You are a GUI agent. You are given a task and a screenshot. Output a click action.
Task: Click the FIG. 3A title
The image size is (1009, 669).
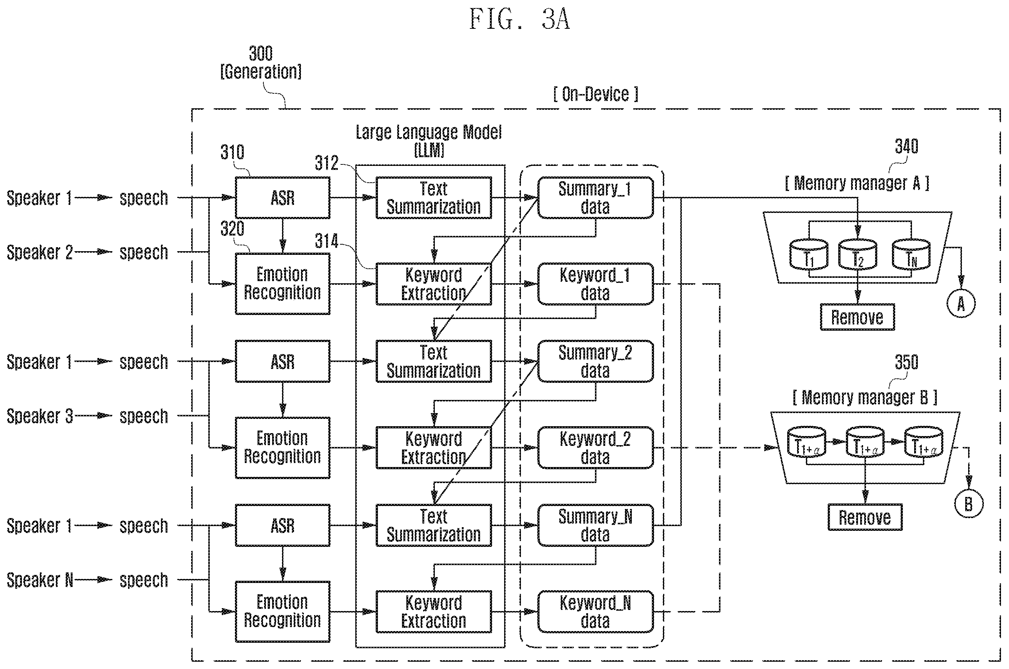point(519,19)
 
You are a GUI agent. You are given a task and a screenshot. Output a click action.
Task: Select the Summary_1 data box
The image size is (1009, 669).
point(595,198)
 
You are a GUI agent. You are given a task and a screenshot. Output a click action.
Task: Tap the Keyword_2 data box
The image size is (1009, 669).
point(595,448)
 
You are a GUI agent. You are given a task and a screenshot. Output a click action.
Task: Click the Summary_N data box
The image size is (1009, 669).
point(595,525)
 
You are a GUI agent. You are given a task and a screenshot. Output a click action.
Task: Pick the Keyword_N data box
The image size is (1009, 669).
point(595,611)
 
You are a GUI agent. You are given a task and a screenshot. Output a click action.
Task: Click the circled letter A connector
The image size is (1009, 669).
point(961,304)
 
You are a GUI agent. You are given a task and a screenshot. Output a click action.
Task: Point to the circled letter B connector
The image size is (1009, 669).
point(969,504)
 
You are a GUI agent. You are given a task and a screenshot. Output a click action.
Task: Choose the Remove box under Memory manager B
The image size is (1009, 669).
point(865,517)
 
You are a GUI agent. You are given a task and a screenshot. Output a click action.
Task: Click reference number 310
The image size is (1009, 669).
point(232,152)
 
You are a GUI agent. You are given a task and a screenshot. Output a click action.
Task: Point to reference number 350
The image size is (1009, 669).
point(906,362)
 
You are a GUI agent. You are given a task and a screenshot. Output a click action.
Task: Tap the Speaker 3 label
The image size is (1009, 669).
point(40,416)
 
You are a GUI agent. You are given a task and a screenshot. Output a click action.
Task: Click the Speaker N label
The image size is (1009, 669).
point(40,580)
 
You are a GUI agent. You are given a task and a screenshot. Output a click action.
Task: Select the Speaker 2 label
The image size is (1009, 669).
point(40,252)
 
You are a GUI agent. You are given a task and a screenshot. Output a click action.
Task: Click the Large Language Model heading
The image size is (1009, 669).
point(429,132)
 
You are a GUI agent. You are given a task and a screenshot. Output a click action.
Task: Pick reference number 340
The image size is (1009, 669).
point(906,146)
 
